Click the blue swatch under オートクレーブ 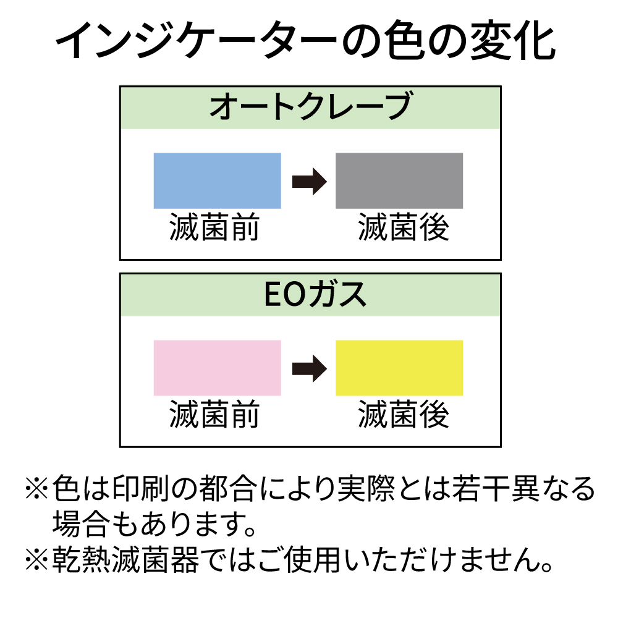tap(217, 180)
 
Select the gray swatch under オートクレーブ tap(399, 180)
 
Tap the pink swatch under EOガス tap(217, 368)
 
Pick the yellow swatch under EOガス tap(399, 368)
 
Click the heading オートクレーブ tap(310, 108)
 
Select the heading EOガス tap(310, 295)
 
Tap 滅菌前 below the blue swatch tap(214, 228)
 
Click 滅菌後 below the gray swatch tap(403, 228)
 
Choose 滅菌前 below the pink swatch tap(214, 415)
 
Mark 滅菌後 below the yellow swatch tap(403, 415)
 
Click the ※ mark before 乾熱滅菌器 tap(36, 561)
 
